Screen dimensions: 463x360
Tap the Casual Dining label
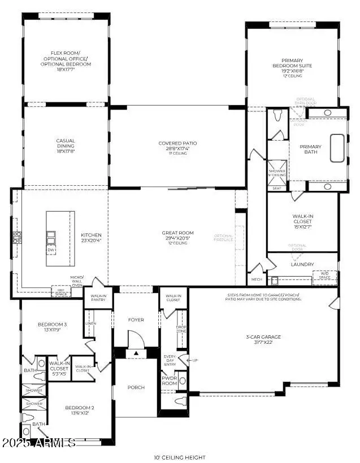65,145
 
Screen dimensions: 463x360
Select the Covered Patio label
177,147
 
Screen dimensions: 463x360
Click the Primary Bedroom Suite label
292,66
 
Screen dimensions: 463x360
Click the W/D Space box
324,276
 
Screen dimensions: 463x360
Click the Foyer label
136,320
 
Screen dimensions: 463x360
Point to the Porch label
136,387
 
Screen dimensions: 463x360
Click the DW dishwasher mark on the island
51,249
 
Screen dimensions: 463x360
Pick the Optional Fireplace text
225,238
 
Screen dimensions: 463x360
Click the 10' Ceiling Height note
180,457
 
